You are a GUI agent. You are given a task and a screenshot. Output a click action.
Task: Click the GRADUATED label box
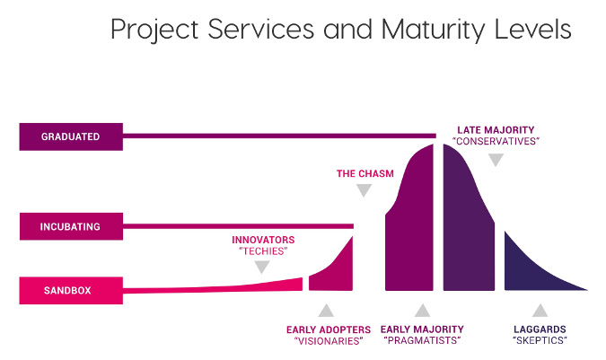pyautogui.click(x=70, y=136)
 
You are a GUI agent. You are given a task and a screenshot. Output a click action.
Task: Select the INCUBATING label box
pyautogui.click(x=70, y=226)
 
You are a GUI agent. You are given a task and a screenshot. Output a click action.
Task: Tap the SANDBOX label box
pyautogui.click(x=70, y=290)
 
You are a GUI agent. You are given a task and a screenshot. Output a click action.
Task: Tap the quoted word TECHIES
pyautogui.click(x=263, y=251)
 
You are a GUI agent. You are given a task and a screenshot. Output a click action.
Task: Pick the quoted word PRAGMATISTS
pyautogui.click(x=420, y=341)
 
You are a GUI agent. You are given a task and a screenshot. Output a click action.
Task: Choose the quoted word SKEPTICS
pyautogui.click(x=539, y=341)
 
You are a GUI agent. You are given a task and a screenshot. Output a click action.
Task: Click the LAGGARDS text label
pyautogui.click(x=539, y=329)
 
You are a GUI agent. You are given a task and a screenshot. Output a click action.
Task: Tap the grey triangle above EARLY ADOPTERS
pyautogui.click(x=325, y=311)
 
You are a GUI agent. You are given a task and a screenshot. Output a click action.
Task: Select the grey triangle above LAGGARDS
pyautogui.click(x=539, y=311)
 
